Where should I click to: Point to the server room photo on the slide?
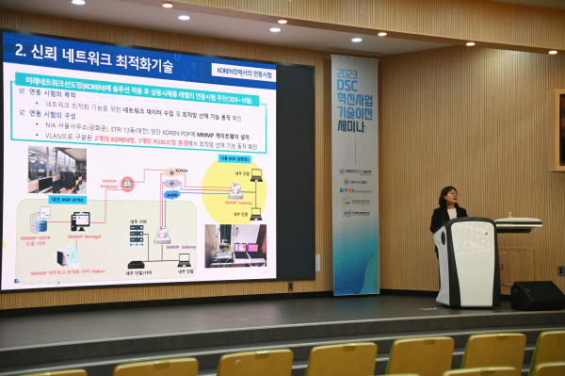click(56, 170)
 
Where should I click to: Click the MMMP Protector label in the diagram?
click(109, 187)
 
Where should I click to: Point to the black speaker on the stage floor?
click(537, 295)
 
